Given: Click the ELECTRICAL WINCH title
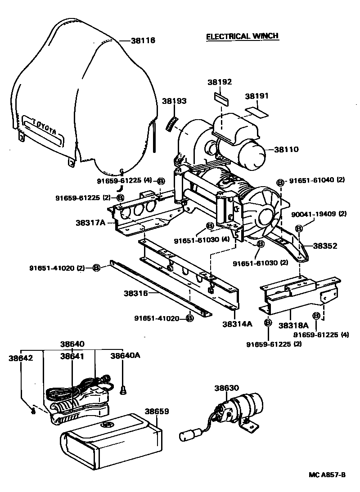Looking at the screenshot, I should [x=242, y=36].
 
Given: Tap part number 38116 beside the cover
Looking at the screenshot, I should [x=143, y=40].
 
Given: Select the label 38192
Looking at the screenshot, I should [x=220, y=82].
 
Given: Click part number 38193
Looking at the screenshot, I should [x=174, y=101].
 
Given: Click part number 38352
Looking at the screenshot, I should [x=325, y=246].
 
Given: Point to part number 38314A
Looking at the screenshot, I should [x=237, y=323].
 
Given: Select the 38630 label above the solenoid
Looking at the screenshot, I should [x=226, y=388].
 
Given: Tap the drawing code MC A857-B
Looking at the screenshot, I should [x=327, y=474].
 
